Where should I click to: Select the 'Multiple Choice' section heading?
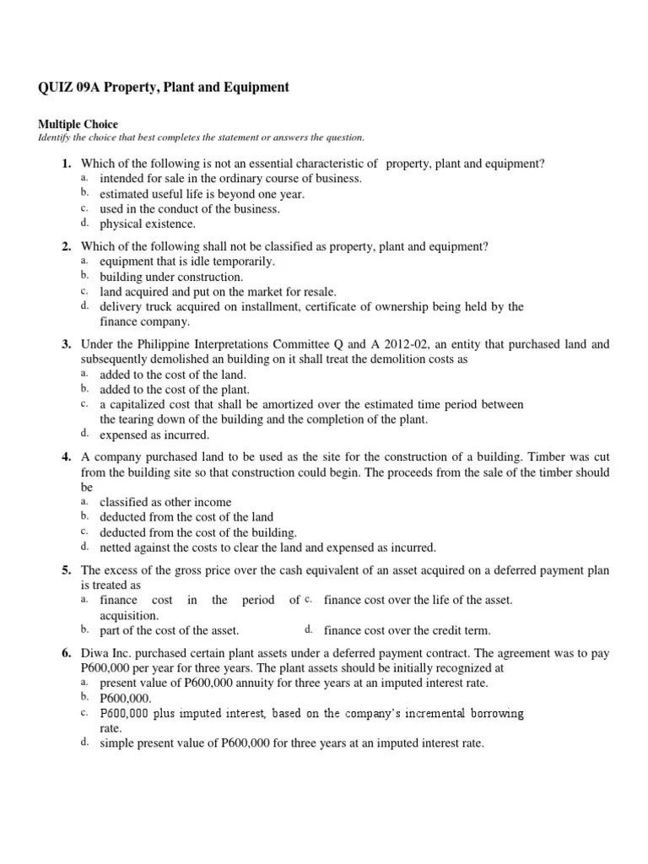coord(78,124)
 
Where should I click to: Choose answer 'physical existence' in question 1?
coord(147,224)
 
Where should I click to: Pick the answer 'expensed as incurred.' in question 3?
coord(154,435)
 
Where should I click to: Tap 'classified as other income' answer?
coord(165,502)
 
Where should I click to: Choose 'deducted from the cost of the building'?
coord(198,532)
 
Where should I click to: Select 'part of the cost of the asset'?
coord(169,630)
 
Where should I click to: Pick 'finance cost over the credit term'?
coord(407,630)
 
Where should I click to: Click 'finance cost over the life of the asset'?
coord(418,600)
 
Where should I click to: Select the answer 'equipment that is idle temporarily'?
coord(186,262)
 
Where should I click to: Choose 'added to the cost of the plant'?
coord(175,389)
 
